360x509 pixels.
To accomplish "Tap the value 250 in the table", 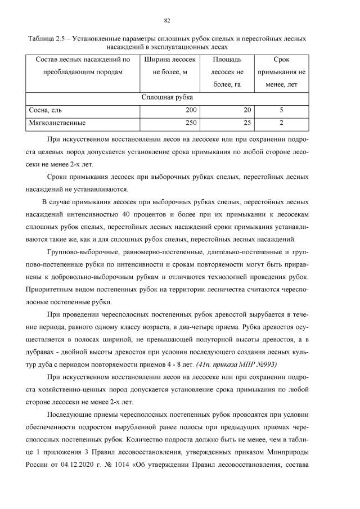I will [191, 122].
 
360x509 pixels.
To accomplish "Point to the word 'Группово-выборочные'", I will [85, 253].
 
